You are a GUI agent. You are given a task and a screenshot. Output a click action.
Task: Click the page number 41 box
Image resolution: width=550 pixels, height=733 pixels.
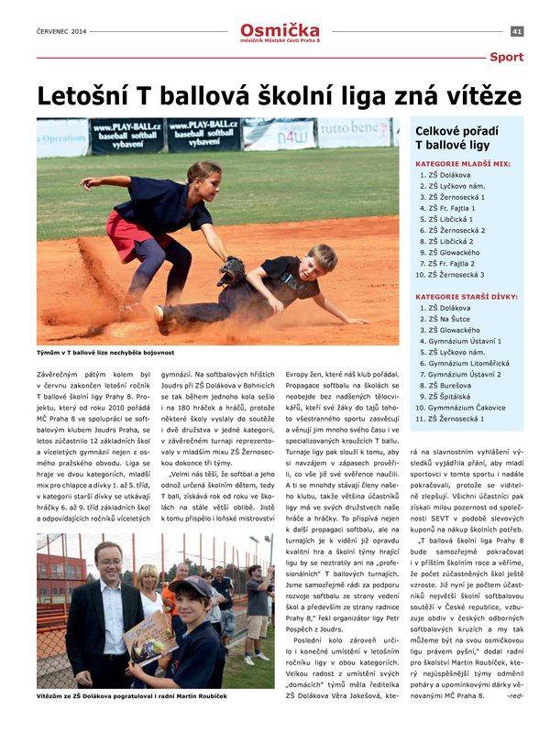tap(517, 31)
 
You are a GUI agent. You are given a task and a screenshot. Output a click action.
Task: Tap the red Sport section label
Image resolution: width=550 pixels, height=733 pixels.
tap(506, 57)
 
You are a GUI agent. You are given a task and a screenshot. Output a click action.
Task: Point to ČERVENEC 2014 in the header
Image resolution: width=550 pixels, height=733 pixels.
tap(62, 31)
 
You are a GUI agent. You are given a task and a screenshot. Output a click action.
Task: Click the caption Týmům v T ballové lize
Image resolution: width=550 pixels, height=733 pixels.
tap(105, 352)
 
